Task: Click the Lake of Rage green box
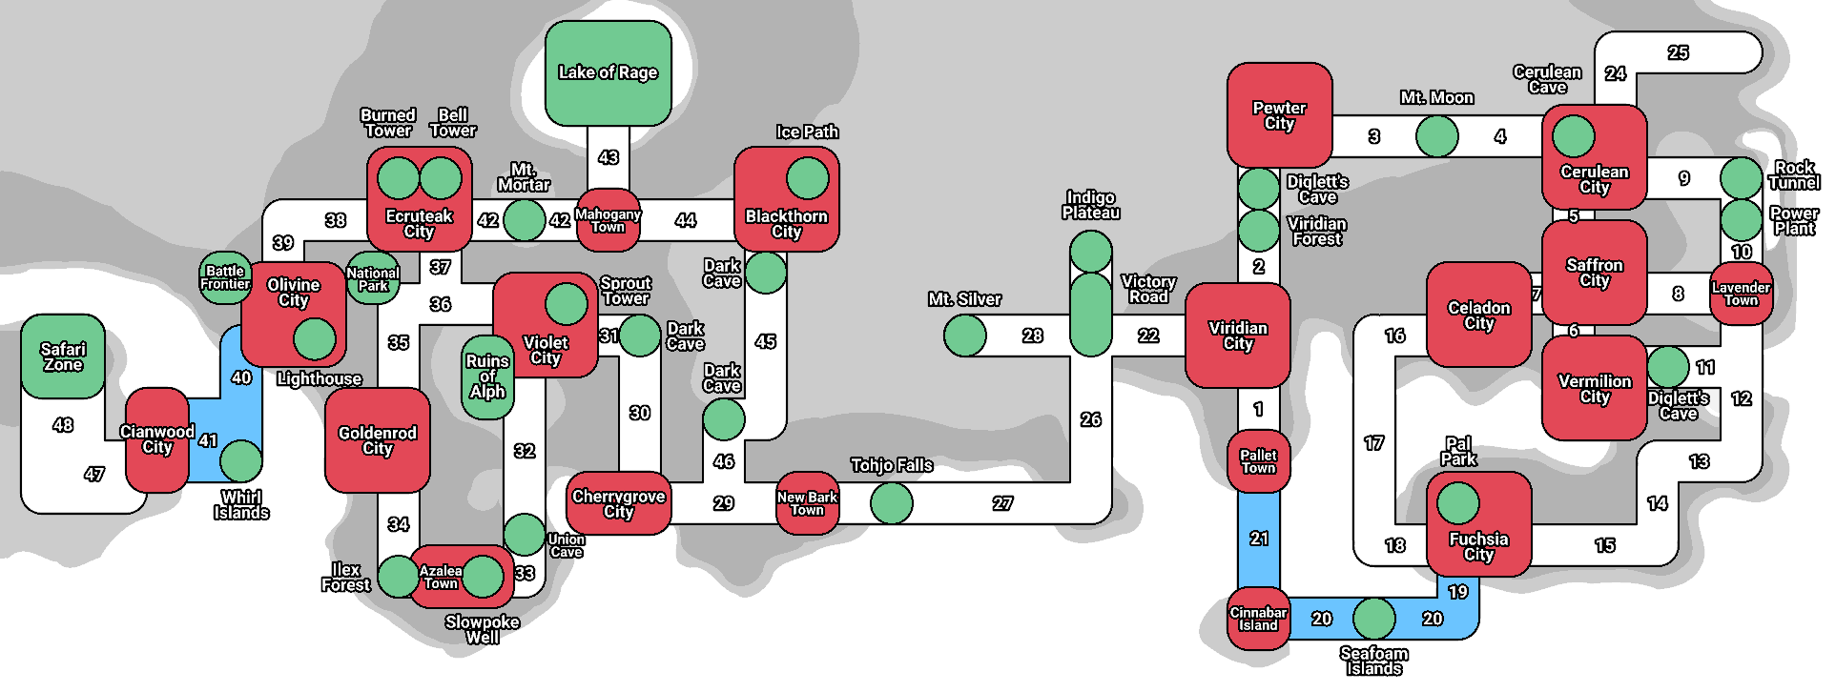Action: pyautogui.click(x=609, y=73)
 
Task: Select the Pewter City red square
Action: pyautogui.click(x=1279, y=115)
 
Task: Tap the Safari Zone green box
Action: pyautogui.click(x=63, y=356)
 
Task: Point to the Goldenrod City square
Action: pyautogui.click(x=377, y=440)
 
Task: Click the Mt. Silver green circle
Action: pyautogui.click(x=965, y=336)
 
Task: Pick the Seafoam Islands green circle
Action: pyautogui.click(x=1373, y=619)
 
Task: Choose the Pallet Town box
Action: pyautogui.click(x=1258, y=461)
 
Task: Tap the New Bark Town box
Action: pyautogui.click(x=807, y=503)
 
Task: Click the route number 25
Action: pyautogui.click(x=1678, y=52)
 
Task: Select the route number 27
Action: pyautogui.click(x=1002, y=503)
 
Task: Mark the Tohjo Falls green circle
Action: pyautogui.click(x=892, y=503)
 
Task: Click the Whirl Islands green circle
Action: pyautogui.click(x=241, y=461)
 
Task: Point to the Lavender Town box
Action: pyautogui.click(x=1741, y=294)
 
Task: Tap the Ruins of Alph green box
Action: pyautogui.click(x=487, y=377)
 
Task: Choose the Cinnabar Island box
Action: pyautogui.click(x=1258, y=620)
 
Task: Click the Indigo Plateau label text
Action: pyautogui.click(x=1091, y=205)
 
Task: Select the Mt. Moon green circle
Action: pyautogui.click(x=1436, y=136)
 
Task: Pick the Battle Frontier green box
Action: pyautogui.click(x=225, y=278)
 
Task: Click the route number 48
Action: pyautogui.click(x=63, y=425)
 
